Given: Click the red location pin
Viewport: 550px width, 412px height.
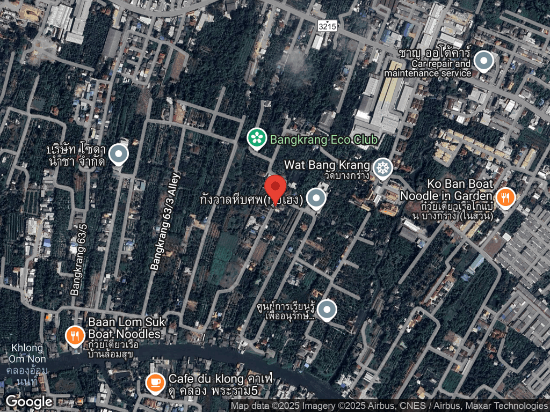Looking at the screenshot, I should (276, 189).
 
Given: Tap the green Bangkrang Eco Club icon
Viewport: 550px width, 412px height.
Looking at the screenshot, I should (257, 139).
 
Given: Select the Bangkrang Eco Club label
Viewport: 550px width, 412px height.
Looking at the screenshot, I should (324, 140).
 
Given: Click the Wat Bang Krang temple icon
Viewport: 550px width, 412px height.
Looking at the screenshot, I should (382, 168).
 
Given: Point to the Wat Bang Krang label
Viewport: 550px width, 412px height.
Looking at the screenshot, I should (327, 164).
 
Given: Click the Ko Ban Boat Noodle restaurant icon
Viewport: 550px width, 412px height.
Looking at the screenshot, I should (505, 197).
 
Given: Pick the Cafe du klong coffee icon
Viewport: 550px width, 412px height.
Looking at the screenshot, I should (155, 382).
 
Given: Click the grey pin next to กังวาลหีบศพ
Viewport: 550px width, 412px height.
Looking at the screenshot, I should (316, 198).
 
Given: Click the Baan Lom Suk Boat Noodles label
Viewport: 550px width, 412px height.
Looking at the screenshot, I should (124, 328).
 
